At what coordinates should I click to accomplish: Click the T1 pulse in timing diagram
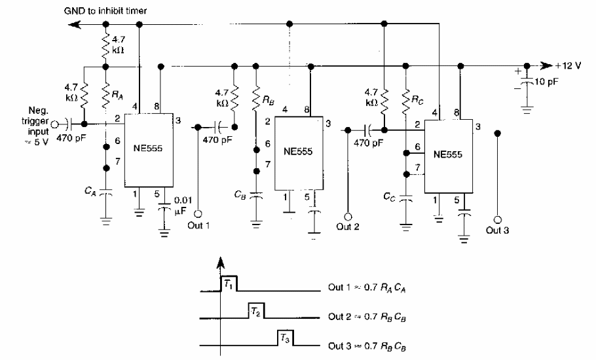point(228,283)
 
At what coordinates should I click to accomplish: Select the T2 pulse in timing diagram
point(256,312)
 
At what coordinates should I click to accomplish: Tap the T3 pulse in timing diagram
point(284,340)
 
